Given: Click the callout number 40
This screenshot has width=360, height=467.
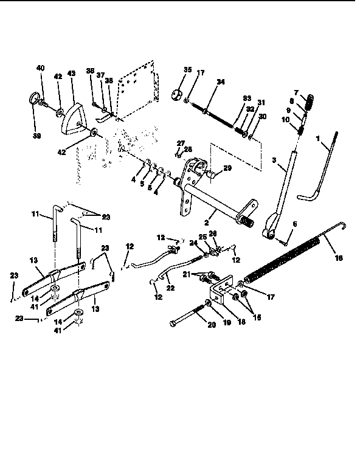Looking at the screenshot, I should (x=41, y=68).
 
